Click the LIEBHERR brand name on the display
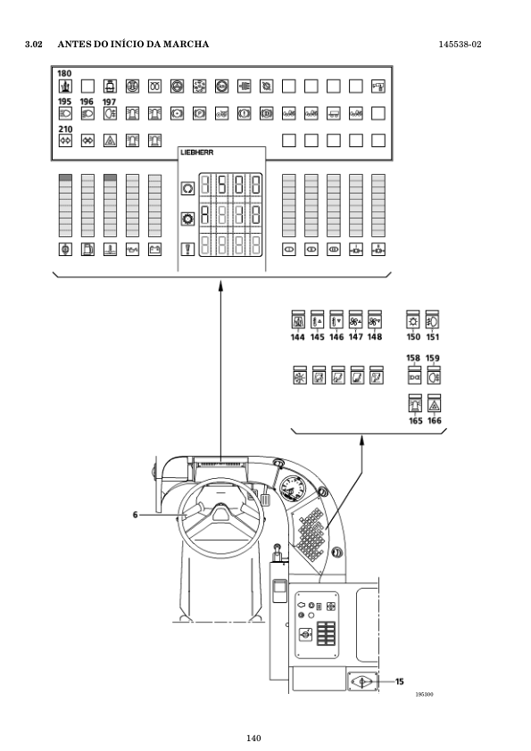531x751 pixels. click(x=197, y=153)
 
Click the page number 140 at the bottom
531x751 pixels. click(x=253, y=739)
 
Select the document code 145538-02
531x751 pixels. click(x=460, y=45)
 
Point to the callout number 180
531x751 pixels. click(x=64, y=73)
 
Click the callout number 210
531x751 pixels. click(x=65, y=128)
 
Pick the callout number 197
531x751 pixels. click(x=109, y=102)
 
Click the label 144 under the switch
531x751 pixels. click(x=297, y=337)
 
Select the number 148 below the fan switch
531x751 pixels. click(x=375, y=337)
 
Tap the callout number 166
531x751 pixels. click(x=435, y=420)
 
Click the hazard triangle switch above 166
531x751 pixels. click(x=434, y=403)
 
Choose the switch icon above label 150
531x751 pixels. click(x=413, y=319)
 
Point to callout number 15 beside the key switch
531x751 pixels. click(x=400, y=681)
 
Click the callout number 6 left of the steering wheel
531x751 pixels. click(x=135, y=515)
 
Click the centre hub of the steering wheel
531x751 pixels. click(x=221, y=514)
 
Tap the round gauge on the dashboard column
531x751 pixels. click(x=293, y=489)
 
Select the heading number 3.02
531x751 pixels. click(x=34, y=44)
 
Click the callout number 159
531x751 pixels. click(x=432, y=359)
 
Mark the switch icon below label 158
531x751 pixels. click(x=414, y=375)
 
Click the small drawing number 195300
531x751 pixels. click(x=424, y=695)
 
